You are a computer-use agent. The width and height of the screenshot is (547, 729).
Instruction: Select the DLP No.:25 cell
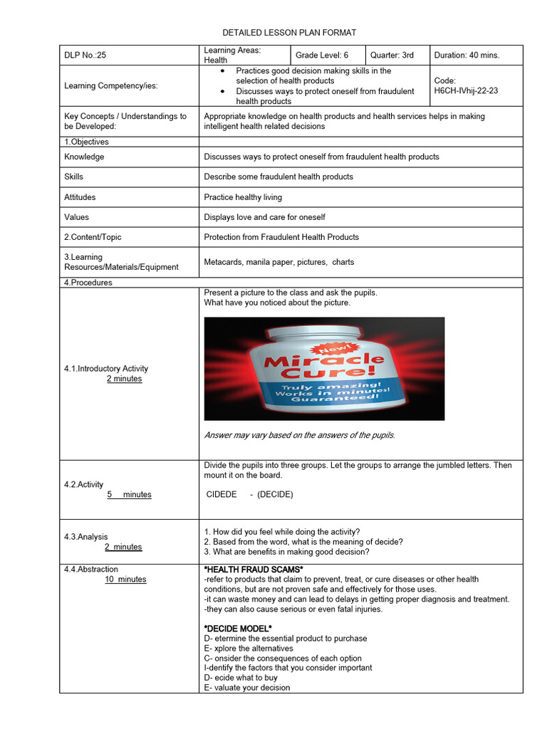pyautogui.click(x=85, y=56)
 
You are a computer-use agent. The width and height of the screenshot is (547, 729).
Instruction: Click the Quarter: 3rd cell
pyautogui.click(x=391, y=56)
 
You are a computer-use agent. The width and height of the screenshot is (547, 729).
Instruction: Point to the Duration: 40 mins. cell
pyautogui.click(x=467, y=56)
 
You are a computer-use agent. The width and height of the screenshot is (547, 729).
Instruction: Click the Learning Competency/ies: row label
pyautogui.click(x=111, y=86)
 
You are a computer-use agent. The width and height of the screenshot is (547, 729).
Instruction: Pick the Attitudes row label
pyautogui.click(x=80, y=197)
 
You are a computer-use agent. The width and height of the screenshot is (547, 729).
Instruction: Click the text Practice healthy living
pyautogui.click(x=243, y=197)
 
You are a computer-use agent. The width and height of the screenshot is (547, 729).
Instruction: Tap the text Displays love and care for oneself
pyautogui.click(x=264, y=217)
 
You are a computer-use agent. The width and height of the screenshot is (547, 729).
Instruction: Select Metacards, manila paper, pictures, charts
pyautogui.click(x=278, y=262)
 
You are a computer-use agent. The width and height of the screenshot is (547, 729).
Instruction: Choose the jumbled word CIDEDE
pyautogui.click(x=221, y=494)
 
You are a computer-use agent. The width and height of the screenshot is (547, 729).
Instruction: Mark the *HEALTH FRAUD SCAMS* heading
pyautogui.click(x=254, y=570)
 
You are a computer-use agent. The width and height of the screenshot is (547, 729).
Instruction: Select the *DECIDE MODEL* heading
pyautogui.click(x=238, y=629)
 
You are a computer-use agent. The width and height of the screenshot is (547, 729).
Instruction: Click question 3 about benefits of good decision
pyautogui.click(x=286, y=552)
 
